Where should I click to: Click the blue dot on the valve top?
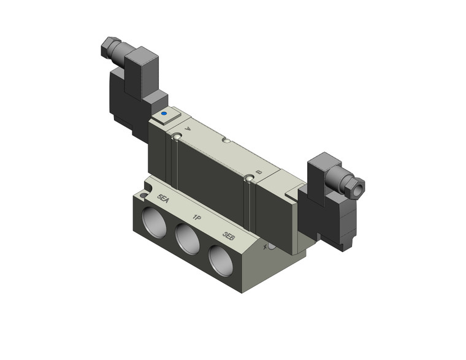(x=163, y=114)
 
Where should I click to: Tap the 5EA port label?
(x=163, y=198)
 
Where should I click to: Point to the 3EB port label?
(x=229, y=236)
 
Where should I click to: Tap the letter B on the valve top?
(x=259, y=173)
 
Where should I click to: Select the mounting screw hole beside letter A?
(x=177, y=136)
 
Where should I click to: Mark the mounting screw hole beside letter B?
(x=248, y=178)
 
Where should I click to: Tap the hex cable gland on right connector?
(x=355, y=186)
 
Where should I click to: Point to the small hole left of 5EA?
(x=143, y=196)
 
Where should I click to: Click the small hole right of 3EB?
(x=270, y=246)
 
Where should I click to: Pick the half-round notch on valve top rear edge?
(x=226, y=141)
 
